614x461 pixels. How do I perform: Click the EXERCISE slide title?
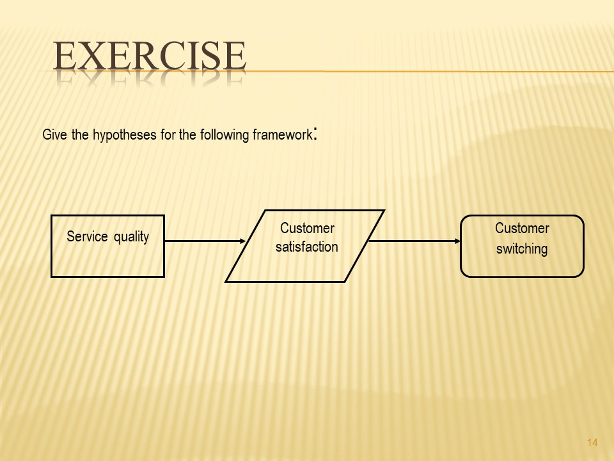tap(150, 56)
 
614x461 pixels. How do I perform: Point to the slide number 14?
tap(592, 443)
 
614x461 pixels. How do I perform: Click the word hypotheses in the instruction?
tap(126, 136)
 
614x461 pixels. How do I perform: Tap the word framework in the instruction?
tap(281, 136)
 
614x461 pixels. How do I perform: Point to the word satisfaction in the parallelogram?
tap(307, 247)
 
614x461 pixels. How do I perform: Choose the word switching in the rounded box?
tap(522, 249)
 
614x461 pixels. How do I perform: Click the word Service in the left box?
tap(88, 237)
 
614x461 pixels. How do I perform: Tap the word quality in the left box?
tap(131, 238)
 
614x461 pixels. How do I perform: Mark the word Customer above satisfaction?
tap(307, 229)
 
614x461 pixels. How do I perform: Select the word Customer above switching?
tap(522, 229)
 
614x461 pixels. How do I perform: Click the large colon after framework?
tap(315, 134)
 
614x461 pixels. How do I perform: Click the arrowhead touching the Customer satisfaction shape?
tap(242, 241)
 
